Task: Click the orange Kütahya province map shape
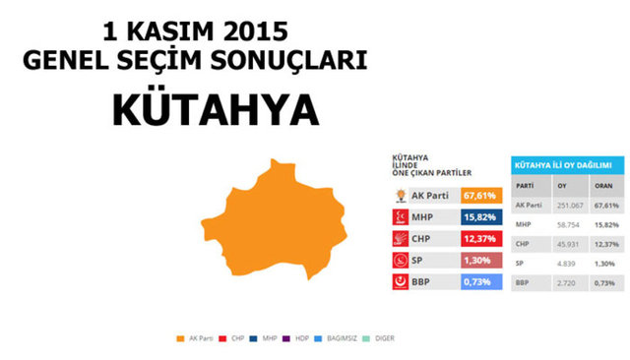[x=277, y=227]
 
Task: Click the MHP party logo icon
[x=402, y=217]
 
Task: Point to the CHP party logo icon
[x=402, y=239]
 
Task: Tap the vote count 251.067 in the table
[x=565, y=206]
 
